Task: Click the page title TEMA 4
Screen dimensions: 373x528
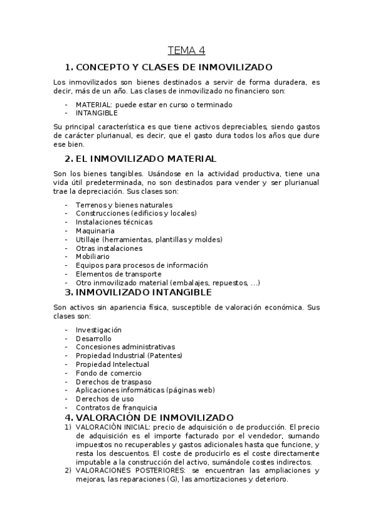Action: coord(186,50)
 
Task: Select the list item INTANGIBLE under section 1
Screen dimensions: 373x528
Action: coord(97,113)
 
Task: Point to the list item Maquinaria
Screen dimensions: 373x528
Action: coord(95,231)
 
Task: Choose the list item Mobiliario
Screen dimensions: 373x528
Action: coord(93,257)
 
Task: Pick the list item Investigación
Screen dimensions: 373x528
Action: coord(98,330)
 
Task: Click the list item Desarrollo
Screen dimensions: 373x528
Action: coord(93,339)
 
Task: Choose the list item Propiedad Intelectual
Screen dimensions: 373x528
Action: coord(112,364)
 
